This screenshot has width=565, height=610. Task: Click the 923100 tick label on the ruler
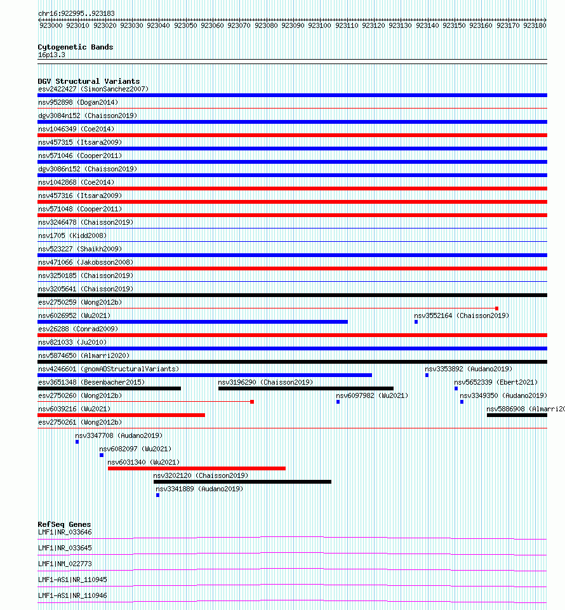point(319,26)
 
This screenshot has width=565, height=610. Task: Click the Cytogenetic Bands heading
point(75,47)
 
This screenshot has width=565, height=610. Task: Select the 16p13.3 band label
point(51,55)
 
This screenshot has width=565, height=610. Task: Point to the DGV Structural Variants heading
point(88,81)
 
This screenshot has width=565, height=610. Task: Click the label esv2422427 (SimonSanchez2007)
point(93,89)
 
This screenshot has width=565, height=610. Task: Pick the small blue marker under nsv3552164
point(416,322)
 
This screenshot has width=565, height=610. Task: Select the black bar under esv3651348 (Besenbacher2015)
point(109,388)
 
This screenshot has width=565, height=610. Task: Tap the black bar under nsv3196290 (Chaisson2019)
point(305,388)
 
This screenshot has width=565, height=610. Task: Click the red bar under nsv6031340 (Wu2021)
point(197,468)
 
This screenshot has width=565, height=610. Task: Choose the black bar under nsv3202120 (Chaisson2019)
point(243,482)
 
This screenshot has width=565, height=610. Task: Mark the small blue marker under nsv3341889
point(157,495)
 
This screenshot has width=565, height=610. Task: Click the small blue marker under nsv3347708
point(77,442)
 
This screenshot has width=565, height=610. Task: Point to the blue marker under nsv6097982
point(338,402)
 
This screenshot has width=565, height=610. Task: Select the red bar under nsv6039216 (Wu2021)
point(121,415)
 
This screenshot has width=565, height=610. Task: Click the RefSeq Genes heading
point(64,525)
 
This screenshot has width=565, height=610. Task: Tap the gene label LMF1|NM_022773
point(65,564)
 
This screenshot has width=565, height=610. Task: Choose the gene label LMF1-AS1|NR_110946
point(72,595)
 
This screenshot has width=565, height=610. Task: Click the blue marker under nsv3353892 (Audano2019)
point(427,375)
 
